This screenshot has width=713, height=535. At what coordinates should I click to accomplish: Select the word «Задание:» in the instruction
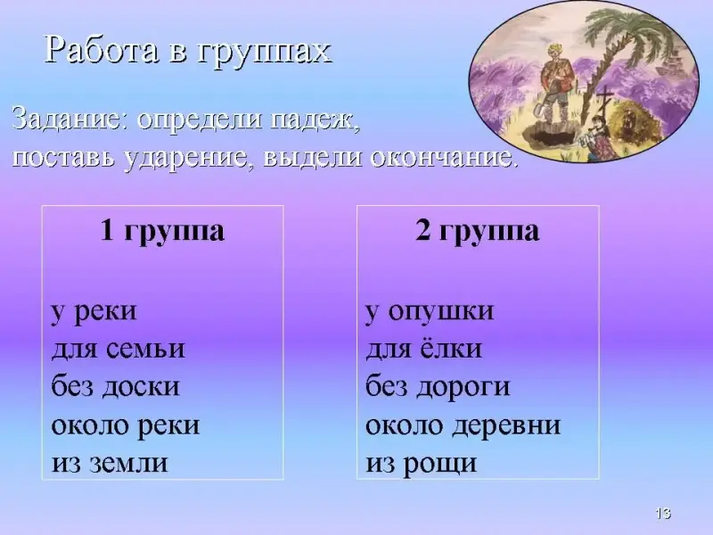70,119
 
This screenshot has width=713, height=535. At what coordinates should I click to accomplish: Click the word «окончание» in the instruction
441,157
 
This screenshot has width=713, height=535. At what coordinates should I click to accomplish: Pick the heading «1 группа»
162,231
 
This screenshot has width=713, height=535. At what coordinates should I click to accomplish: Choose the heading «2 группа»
478,231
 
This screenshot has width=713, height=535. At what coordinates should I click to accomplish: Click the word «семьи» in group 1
145,350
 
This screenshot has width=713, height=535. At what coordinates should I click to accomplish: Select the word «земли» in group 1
128,463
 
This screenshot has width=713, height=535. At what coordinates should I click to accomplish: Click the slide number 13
663,514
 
